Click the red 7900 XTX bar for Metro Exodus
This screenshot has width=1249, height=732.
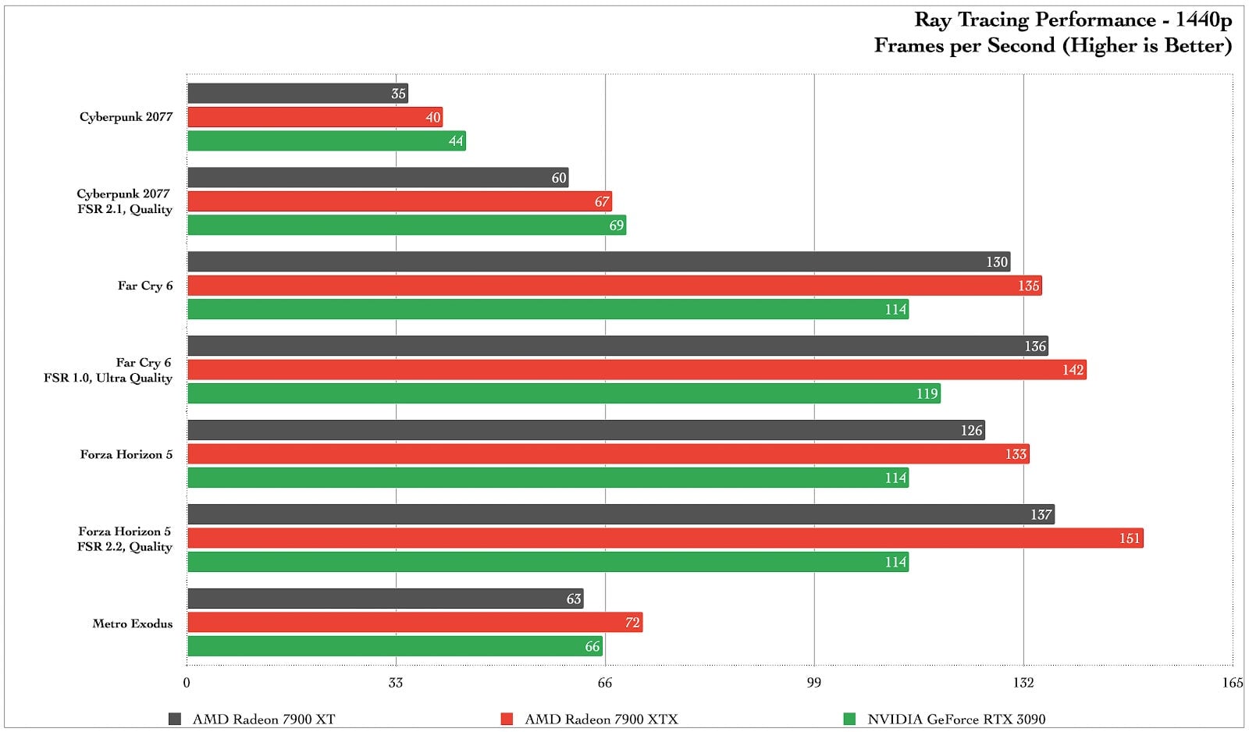point(414,623)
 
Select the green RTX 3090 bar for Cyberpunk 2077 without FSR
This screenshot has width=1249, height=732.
point(326,141)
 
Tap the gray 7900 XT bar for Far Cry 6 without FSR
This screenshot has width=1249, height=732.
point(598,262)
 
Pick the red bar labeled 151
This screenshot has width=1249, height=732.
point(665,538)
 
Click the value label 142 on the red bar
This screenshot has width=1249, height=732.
point(1073,370)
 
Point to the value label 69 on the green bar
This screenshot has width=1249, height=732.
point(616,226)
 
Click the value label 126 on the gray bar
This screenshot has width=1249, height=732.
point(971,431)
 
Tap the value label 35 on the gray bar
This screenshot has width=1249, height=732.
point(398,94)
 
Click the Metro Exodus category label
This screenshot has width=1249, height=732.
point(132,624)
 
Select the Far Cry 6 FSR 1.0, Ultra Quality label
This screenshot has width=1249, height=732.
point(108,370)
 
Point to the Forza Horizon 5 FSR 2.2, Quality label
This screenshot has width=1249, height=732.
point(124,538)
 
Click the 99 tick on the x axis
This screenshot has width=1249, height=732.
point(813,683)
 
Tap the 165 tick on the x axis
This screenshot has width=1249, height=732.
point(1232,683)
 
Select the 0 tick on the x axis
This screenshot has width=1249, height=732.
point(187,683)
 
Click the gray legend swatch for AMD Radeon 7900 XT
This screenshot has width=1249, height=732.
point(175,719)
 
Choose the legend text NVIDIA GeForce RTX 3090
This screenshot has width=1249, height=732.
point(956,719)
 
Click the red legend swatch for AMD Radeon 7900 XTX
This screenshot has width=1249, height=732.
point(507,719)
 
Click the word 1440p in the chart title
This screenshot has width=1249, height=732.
point(1204,20)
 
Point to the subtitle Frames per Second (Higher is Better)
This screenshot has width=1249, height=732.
point(1052,46)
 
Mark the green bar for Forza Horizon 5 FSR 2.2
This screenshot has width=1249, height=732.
point(548,562)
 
